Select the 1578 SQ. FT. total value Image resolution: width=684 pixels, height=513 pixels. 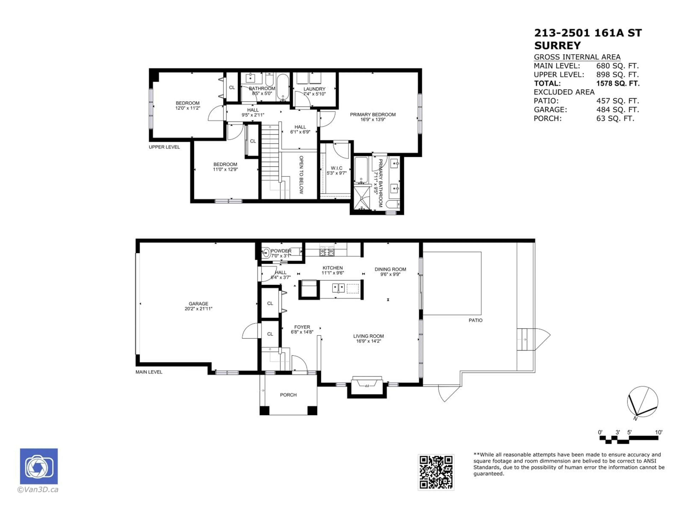click(x=618, y=84)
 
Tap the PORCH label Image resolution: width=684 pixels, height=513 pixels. click(x=288, y=395)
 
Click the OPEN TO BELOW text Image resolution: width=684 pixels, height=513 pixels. click(x=301, y=175)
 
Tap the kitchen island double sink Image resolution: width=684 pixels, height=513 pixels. click(x=338, y=288)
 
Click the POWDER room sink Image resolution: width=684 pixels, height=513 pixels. click(x=266, y=253)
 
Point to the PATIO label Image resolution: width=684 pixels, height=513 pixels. click(x=475, y=320)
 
